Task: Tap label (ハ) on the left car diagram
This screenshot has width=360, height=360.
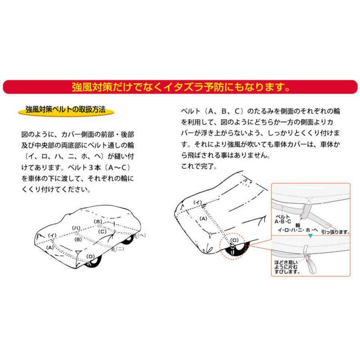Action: click(76, 228)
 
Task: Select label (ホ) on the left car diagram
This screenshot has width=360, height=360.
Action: click(99, 222)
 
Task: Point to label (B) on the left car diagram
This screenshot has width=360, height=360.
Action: click(78, 239)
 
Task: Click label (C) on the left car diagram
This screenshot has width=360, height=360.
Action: click(103, 232)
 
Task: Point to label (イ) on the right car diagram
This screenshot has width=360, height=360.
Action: click(197, 203)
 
